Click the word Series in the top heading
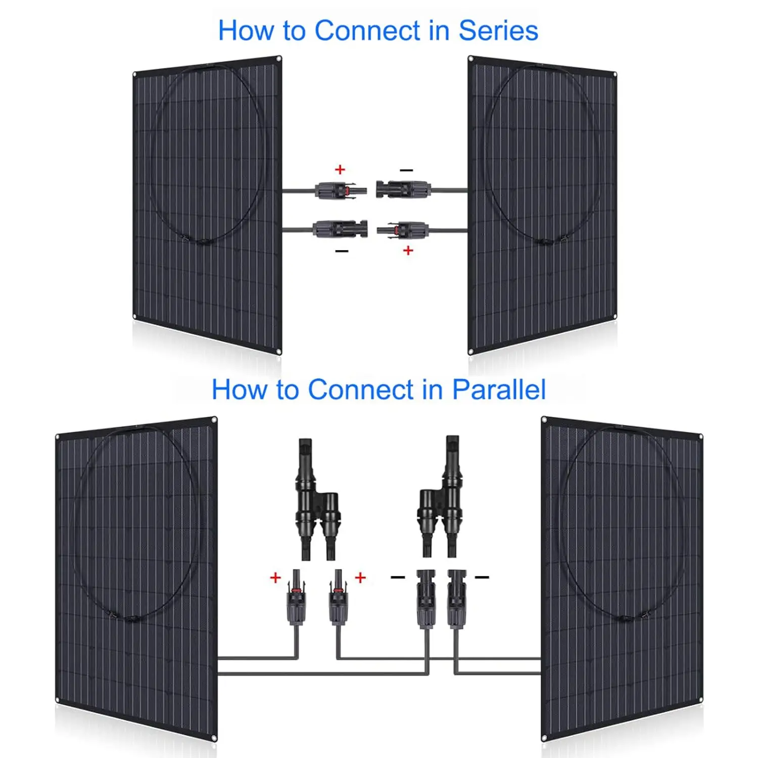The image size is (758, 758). coord(498,31)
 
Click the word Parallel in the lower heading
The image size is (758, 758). coord(499,390)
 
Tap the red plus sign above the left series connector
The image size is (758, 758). coord(340,169)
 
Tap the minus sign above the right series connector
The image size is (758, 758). coord(406,170)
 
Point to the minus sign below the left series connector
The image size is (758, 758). coord(342,251)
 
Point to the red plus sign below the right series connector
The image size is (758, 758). coord(408,250)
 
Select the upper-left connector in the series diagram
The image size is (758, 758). coord(340,191)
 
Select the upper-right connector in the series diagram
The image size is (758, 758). coord(403,190)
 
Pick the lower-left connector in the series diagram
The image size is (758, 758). coord(340,229)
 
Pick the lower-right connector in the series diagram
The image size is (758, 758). coord(403,230)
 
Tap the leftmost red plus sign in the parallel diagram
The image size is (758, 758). coord(275,578)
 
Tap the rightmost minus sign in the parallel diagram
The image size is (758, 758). coord(482,577)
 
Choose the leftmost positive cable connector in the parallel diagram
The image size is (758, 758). coord(297,599)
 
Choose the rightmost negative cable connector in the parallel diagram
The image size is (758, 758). coord(456,599)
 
